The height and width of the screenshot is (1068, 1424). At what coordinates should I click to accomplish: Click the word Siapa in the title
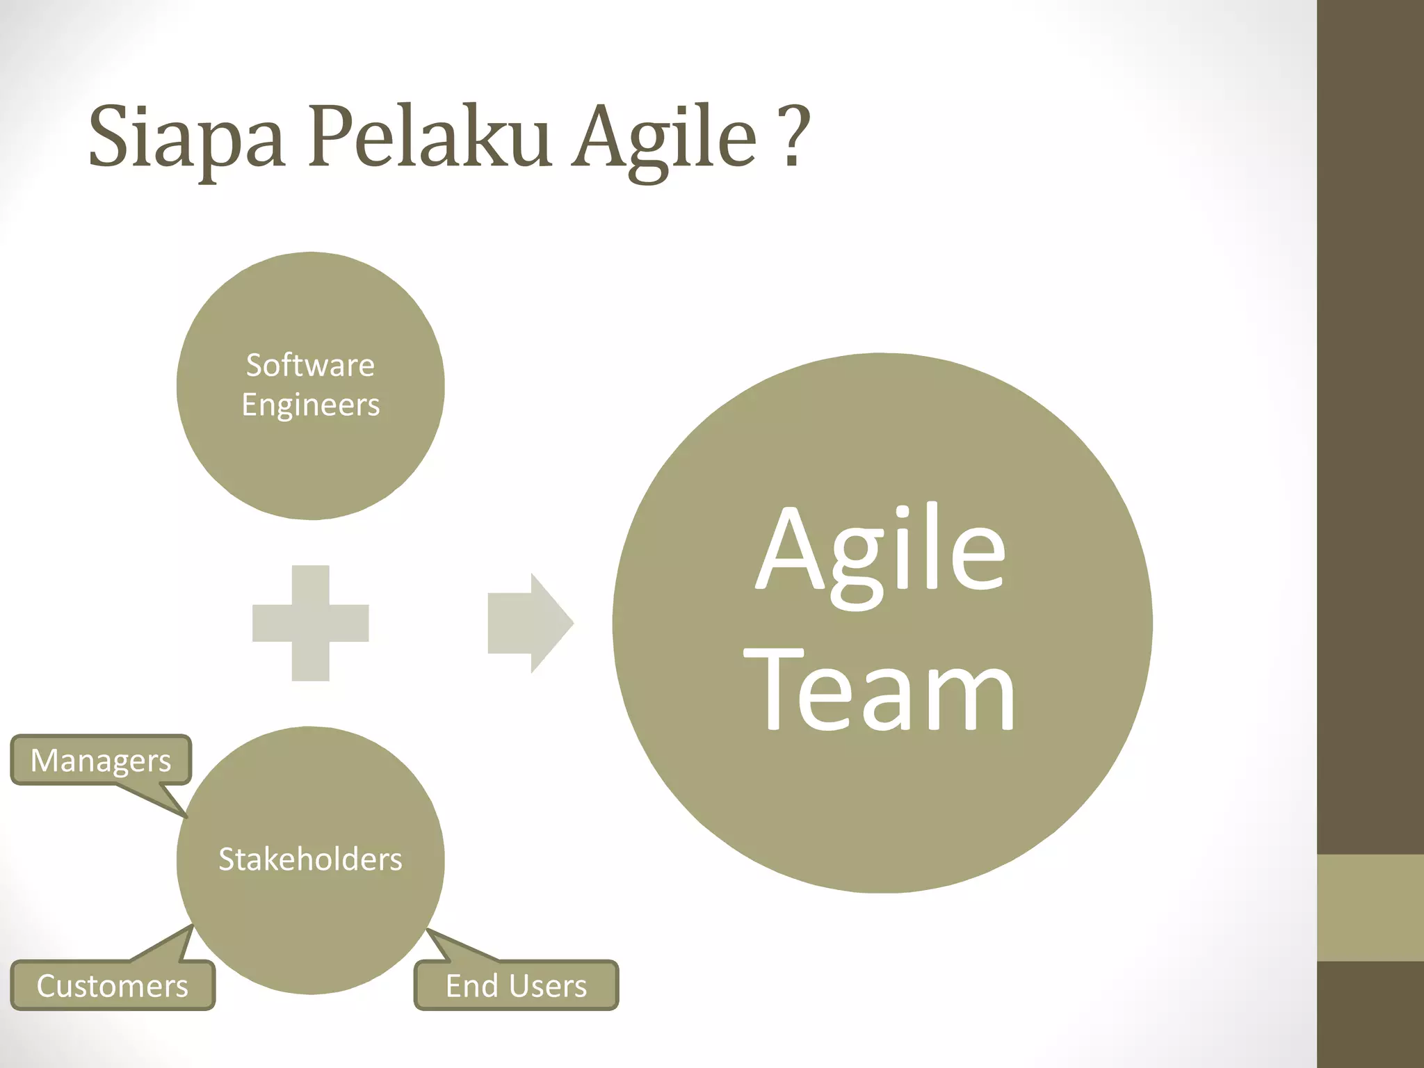click(x=186, y=137)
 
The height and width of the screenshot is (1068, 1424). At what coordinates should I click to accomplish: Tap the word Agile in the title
click(x=663, y=137)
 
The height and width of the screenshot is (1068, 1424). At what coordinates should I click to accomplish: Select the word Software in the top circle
click(x=310, y=366)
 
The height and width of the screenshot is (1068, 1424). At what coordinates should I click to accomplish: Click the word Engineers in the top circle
click(x=310, y=405)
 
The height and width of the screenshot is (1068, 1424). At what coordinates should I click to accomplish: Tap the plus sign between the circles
click(x=310, y=623)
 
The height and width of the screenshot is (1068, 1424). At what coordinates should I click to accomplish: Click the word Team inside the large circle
click(x=881, y=691)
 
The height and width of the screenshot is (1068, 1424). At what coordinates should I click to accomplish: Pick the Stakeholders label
click(x=310, y=860)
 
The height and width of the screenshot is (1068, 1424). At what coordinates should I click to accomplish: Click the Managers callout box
click(x=101, y=760)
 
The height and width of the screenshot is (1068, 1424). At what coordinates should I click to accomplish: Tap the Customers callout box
click(x=113, y=986)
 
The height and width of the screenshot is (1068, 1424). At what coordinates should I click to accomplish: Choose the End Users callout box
click(x=516, y=986)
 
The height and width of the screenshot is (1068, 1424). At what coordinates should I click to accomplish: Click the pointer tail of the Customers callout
click(x=170, y=946)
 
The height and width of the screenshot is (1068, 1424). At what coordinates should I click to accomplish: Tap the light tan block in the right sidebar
click(x=1370, y=907)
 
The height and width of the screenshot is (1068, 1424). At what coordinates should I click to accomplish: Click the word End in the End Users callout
click(x=471, y=986)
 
